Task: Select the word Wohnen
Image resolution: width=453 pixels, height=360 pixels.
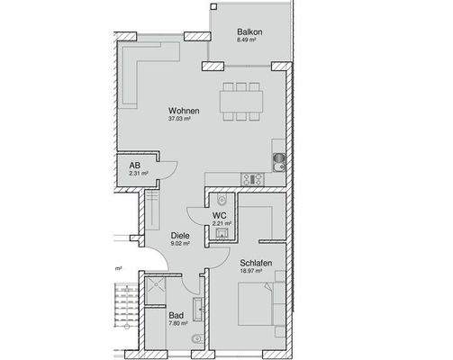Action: pyautogui.click(x=183, y=112)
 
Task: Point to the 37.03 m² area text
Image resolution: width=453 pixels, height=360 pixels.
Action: pyautogui.click(x=183, y=120)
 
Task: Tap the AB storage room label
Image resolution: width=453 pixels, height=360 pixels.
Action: pyautogui.click(x=133, y=166)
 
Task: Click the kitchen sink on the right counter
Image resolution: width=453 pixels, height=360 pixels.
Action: pyautogui.click(x=279, y=162)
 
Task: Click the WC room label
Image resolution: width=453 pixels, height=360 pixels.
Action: pyautogui.click(x=219, y=216)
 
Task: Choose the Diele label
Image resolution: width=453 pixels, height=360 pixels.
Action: pyautogui.click(x=180, y=236)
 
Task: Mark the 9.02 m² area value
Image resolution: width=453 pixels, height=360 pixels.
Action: pyautogui.click(x=180, y=244)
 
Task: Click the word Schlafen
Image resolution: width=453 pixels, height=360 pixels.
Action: pyautogui.click(x=257, y=263)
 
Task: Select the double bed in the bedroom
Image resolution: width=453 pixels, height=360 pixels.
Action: pyautogui.click(x=260, y=306)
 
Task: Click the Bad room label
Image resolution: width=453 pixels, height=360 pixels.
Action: pyautogui.click(x=177, y=316)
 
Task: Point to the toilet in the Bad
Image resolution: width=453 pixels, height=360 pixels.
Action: pyautogui.click(x=198, y=340)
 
